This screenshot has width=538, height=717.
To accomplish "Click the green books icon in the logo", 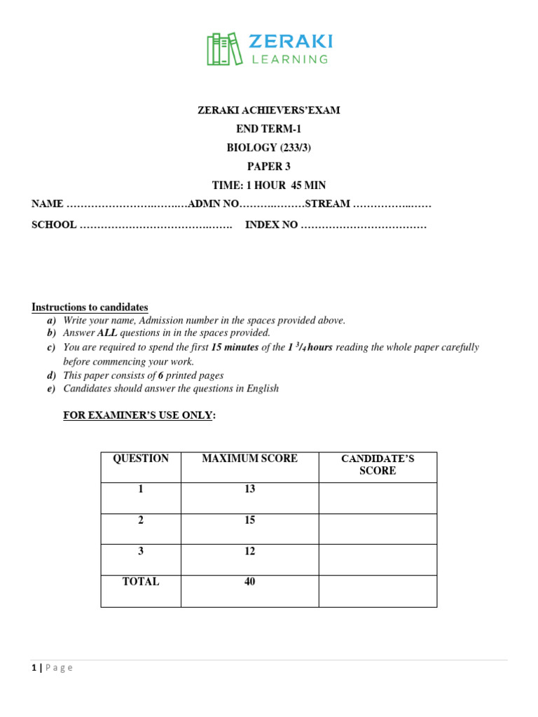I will coord(223,49).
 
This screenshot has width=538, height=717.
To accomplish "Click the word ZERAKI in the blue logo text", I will coord(290,41).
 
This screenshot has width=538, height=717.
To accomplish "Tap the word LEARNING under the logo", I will coord(290,60).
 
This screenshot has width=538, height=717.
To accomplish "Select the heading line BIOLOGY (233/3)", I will coord(269,148).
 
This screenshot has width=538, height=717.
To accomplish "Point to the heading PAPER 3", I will coord(268,167).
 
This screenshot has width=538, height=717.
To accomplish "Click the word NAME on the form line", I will coord(47,204).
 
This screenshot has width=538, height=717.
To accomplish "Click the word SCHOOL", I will coord(54,225).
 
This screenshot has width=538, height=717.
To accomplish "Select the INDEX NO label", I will coord(271,225).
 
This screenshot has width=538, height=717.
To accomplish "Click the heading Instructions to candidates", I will coord(90,307).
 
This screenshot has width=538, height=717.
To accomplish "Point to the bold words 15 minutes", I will coord(235,347).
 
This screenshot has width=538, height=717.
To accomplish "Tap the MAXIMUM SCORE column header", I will coord(249,459).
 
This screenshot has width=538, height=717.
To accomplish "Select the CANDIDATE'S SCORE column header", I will coord(378,465).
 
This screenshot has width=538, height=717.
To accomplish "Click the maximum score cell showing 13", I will coord(249,489).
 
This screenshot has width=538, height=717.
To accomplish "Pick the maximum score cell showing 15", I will coord(249,520).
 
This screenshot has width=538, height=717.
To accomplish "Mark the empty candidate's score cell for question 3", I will coord(378,559).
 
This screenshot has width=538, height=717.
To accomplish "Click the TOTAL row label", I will coord(141,582).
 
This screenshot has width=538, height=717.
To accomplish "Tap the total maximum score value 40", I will coord(249,582).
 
